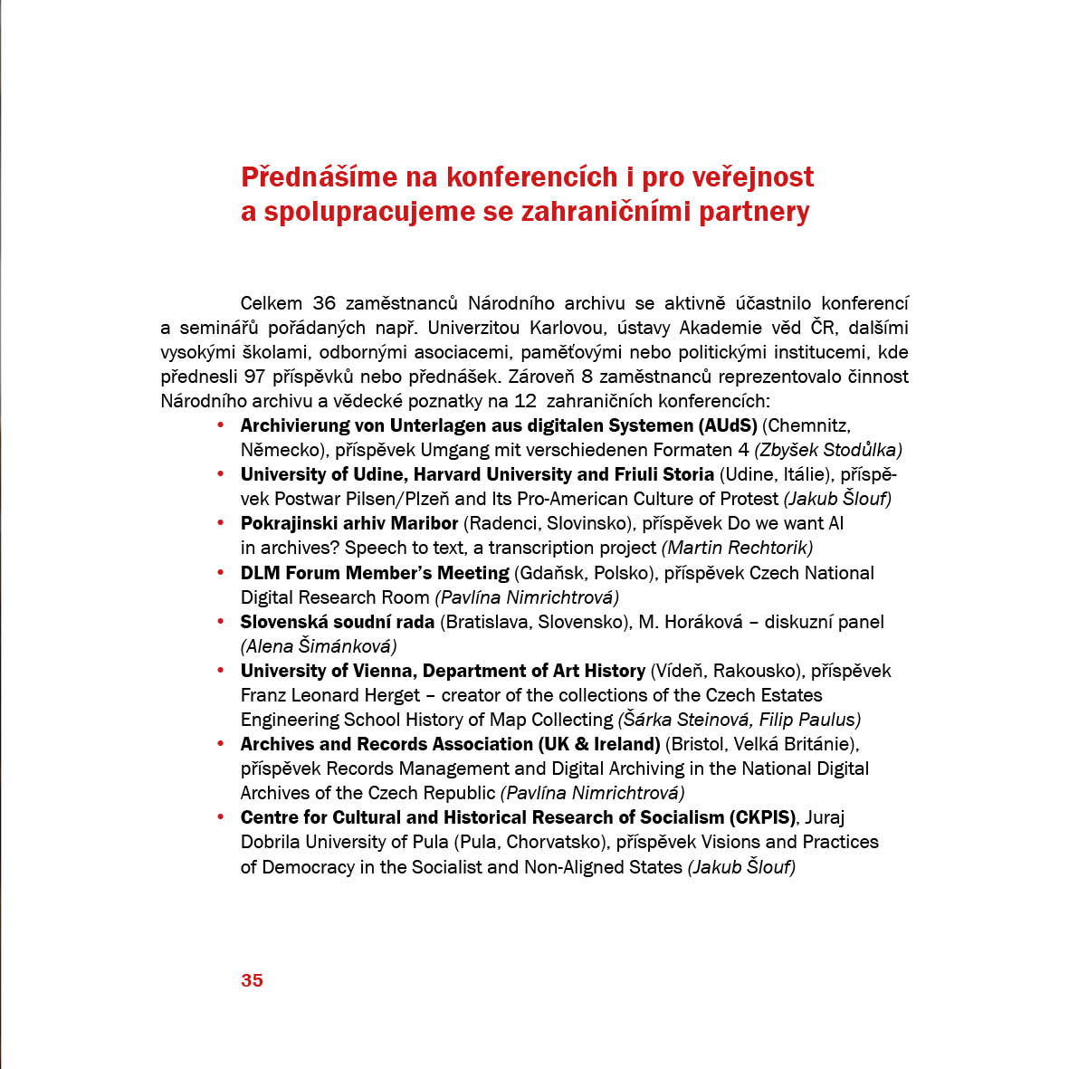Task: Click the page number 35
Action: (252, 980)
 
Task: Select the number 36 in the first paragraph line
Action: (323, 303)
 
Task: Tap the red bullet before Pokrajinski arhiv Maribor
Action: (220, 523)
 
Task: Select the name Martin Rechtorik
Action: (737, 548)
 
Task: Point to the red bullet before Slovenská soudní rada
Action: (220, 622)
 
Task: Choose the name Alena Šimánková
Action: (319, 646)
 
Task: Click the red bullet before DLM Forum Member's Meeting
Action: (220, 573)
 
